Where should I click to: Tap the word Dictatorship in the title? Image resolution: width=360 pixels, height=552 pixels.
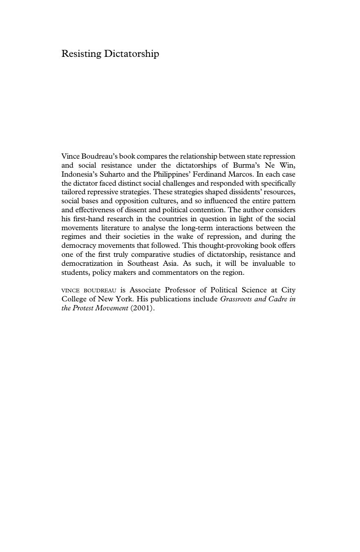131,54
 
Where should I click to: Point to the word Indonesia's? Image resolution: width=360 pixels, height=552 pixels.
79,174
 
